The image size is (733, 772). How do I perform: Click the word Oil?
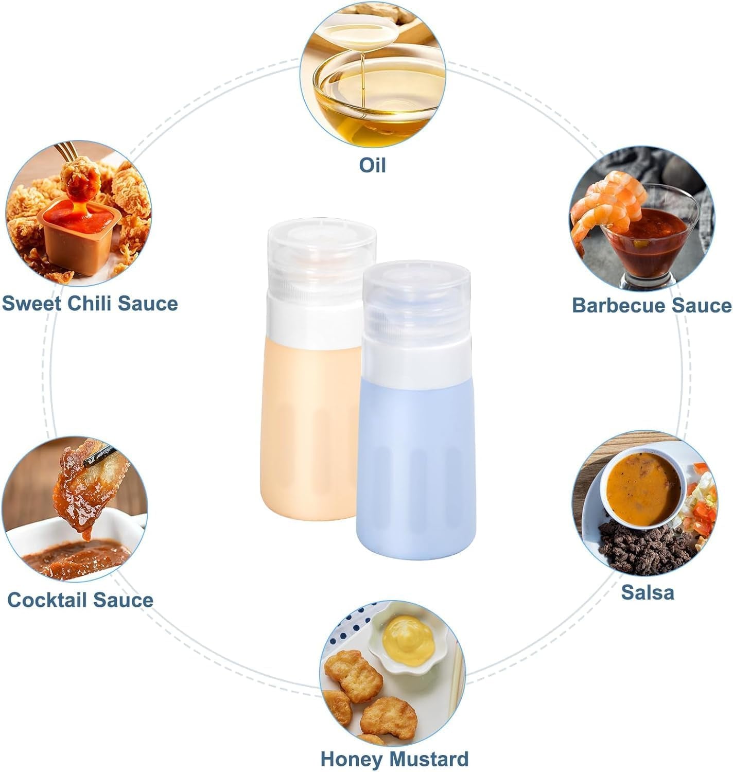[x=372, y=165]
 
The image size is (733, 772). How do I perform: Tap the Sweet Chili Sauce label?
[x=90, y=304]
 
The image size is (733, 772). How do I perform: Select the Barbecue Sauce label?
[x=652, y=306]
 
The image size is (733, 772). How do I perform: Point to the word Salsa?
[x=648, y=592]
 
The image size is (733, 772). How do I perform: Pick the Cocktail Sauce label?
[x=80, y=600]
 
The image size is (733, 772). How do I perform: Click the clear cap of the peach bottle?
[x=322, y=259]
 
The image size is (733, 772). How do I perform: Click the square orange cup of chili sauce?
[x=79, y=236]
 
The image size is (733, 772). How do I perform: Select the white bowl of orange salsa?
[x=643, y=488]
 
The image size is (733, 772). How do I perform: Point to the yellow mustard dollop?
[x=409, y=641]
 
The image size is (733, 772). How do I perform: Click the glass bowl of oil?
[x=379, y=98]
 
